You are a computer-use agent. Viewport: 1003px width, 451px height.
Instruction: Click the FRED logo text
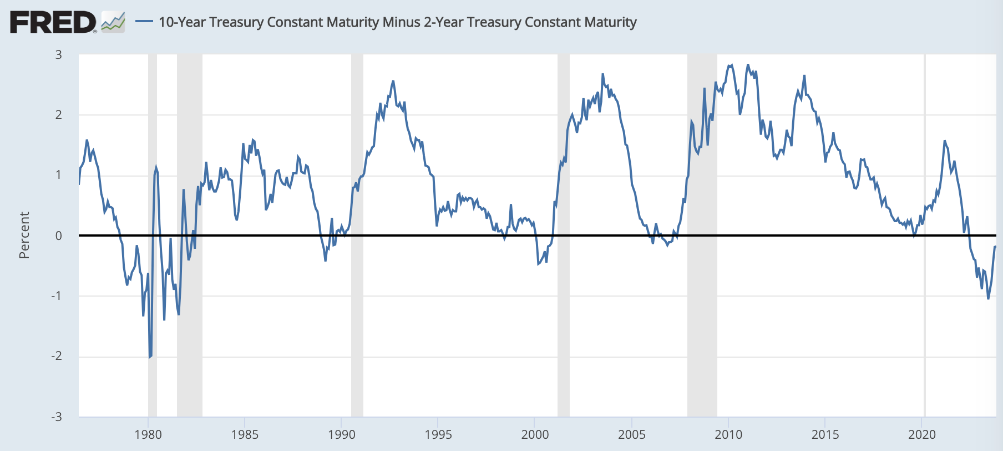click(53, 23)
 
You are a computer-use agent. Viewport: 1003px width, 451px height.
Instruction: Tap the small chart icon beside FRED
click(113, 23)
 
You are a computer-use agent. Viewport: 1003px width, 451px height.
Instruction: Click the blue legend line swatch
click(144, 22)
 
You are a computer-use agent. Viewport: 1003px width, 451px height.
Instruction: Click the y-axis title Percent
click(24, 235)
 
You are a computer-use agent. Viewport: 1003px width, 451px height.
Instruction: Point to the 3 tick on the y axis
click(58, 55)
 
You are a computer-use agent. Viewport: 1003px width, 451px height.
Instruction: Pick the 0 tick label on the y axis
click(58, 235)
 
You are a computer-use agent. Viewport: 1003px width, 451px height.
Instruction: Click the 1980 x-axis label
click(148, 434)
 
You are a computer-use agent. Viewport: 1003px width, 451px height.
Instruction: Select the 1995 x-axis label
click(438, 434)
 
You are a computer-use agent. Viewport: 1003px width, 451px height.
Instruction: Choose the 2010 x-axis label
click(728, 434)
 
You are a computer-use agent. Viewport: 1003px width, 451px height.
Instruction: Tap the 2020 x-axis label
click(922, 434)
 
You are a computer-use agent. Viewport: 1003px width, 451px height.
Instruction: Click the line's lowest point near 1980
click(149, 357)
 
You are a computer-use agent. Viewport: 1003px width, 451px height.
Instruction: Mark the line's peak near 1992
click(393, 81)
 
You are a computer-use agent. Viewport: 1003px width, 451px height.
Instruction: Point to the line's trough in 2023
click(988, 299)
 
